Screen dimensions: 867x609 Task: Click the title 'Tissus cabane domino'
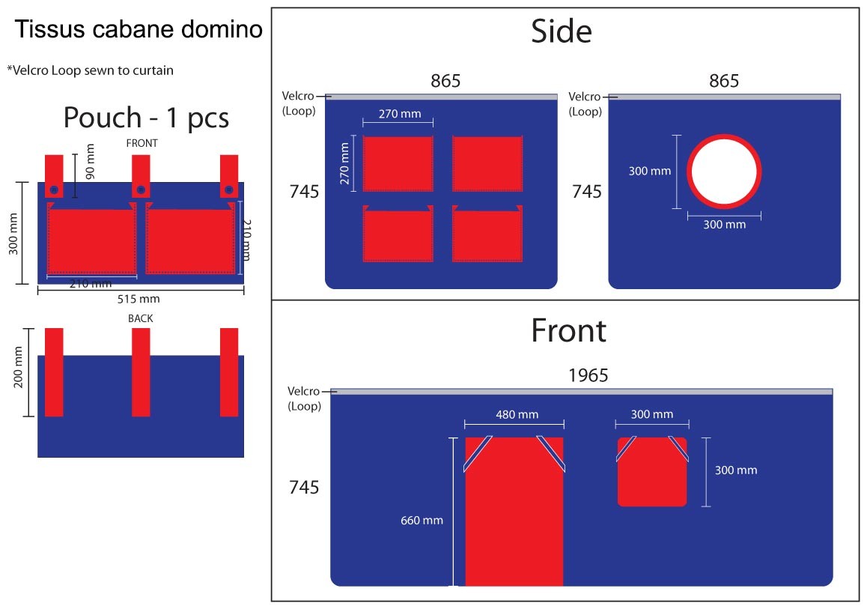coord(139,28)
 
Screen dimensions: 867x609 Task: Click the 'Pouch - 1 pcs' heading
coord(146,118)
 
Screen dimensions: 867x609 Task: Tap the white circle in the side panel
coord(724,172)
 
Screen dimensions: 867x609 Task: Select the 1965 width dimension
coord(588,375)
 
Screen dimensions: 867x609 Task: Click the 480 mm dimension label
coord(517,414)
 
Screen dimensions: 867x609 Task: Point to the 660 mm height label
coord(422,521)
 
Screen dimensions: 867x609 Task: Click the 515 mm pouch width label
coord(139,299)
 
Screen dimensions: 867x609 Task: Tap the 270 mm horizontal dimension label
coord(400,114)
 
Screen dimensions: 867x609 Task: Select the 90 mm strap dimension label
coord(90,161)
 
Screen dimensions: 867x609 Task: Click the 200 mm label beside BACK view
coord(18,367)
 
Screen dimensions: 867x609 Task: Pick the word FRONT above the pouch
coord(142,143)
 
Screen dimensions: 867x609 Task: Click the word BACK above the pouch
coord(141,318)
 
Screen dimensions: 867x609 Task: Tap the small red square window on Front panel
coord(652,472)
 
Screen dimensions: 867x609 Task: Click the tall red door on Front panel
coord(514,512)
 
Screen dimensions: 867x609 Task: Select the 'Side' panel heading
coord(562,31)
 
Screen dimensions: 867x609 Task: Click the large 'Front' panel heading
coord(569,331)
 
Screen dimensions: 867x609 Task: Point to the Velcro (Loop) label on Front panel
coord(303,399)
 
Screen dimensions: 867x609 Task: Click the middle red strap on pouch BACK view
coord(141,372)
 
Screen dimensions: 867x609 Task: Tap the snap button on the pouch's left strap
coord(54,190)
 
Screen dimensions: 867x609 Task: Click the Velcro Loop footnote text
coord(90,70)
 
